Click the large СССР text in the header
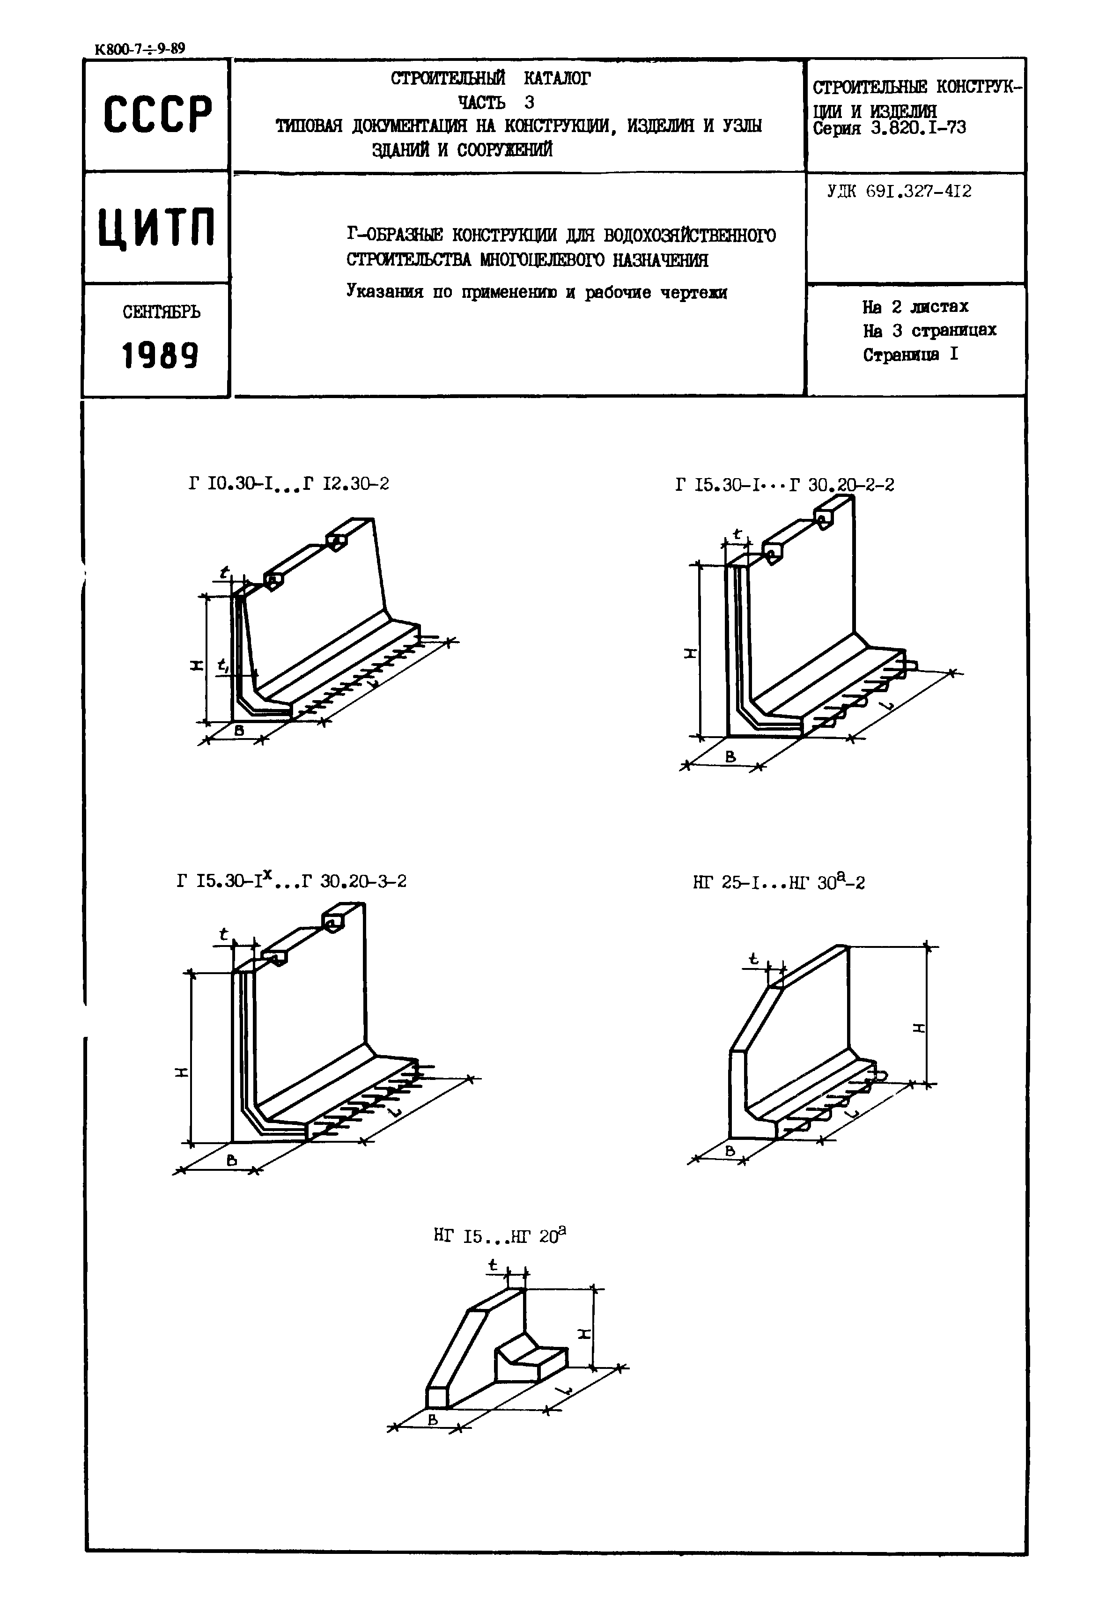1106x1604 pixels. click(x=157, y=114)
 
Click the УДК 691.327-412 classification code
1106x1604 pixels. click(x=899, y=192)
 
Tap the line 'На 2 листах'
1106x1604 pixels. click(x=915, y=306)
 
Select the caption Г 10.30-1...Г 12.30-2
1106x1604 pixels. click(x=288, y=483)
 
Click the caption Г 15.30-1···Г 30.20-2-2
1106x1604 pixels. click(x=784, y=485)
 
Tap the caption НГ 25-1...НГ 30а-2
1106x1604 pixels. click(x=779, y=882)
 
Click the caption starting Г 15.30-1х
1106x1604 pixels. click(x=291, y=881)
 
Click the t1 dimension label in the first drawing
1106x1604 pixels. click(x=223, y=666)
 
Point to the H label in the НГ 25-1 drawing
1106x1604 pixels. click(x=919, y=1027)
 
